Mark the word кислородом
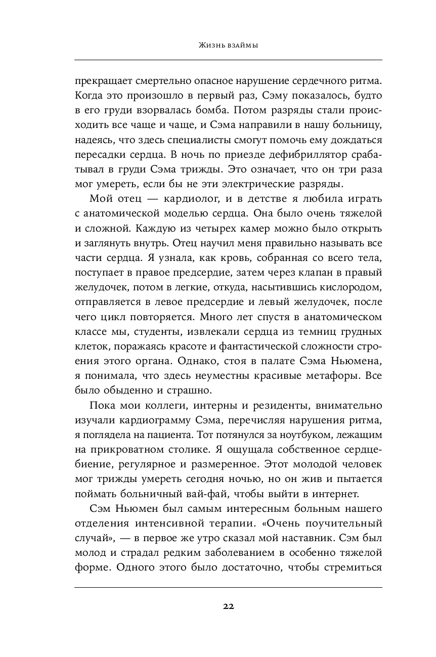[x=342, y=288]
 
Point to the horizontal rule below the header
[x=228, y=60]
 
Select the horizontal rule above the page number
[x=228, y=587]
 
